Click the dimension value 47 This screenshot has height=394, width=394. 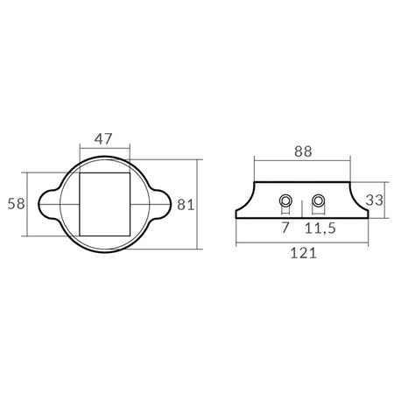coord(103,139)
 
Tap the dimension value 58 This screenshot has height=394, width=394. coord(16,204)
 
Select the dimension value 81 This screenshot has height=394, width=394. coord(186,205)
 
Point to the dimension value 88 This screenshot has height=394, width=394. coord(303,151)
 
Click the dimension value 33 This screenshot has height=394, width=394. coord(375,201)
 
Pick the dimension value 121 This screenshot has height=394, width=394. coord(304,253)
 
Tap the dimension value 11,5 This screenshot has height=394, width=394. coord(320,228)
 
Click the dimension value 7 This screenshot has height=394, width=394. coord(285,228)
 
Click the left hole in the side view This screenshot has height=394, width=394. coord(285,201)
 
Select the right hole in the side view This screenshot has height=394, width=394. coord(318,201)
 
